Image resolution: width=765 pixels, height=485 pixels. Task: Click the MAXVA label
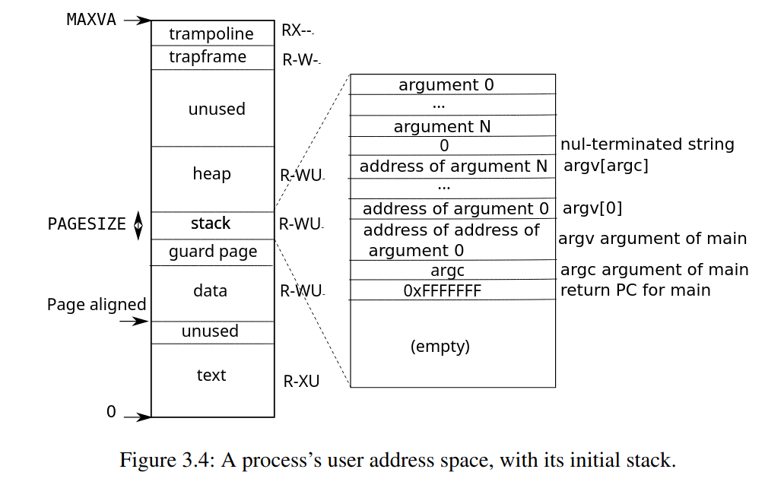click(x=91, y=20)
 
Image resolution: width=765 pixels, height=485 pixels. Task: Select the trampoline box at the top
click(x=212, y=33)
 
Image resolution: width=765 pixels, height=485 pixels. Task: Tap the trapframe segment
click(x=212, y=57)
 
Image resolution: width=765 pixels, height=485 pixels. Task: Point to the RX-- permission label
click(x=297, y=30)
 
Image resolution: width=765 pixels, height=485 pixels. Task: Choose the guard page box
click(x=212, y=252)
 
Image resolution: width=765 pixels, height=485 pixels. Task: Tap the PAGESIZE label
click(x=87, y=224)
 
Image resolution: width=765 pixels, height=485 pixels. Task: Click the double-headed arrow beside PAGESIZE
click(x=138, y=225)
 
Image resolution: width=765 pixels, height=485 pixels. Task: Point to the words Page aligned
click(x=97, y=304)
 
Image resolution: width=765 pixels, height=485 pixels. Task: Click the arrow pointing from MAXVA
click(x=138, y=21)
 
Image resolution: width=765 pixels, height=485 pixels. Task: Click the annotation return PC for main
click(x=635, y=290)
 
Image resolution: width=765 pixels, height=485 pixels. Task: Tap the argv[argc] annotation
click(x=605, y=166)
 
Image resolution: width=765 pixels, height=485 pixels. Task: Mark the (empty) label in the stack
click(x=440, y=347)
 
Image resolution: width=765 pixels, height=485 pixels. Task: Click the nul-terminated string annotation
click(x=647, y=144)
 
